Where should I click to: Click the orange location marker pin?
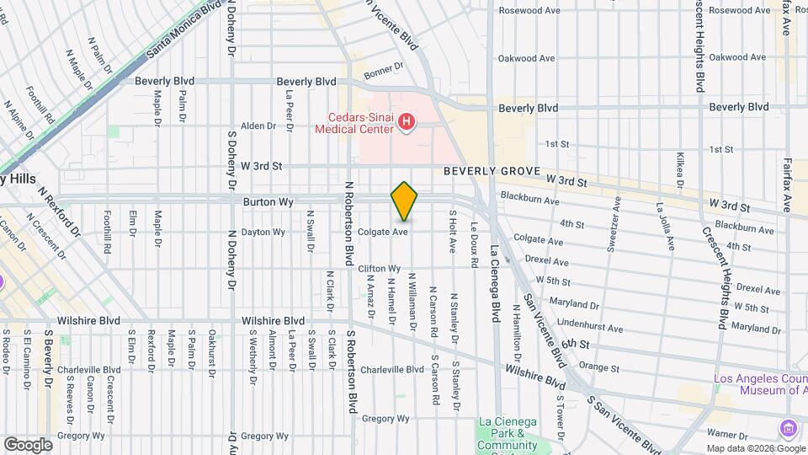pyautogui.click(x=404, y=201)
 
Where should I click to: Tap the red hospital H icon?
pyautogui.click(x=407, y=124)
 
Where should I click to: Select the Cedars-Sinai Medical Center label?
pyautogui.click(x=354, y=124)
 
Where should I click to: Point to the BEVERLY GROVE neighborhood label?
pyautogui.click(x=492, y=171)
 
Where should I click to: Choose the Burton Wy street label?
pyautogui.click(x=268, y=202)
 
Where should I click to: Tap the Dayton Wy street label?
pyautogui.click(x=263, y=232)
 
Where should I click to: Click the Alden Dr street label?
pyautogui.click(x=258, y=126)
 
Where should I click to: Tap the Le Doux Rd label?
pyautogui.click(x=474, y=245)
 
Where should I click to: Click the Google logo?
pyautogui.click(x=28, y=444)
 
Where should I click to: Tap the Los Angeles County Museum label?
pyautogui.click(x=760, y=384)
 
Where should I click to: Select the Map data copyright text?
pyautogui.click(x=754, y=448)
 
